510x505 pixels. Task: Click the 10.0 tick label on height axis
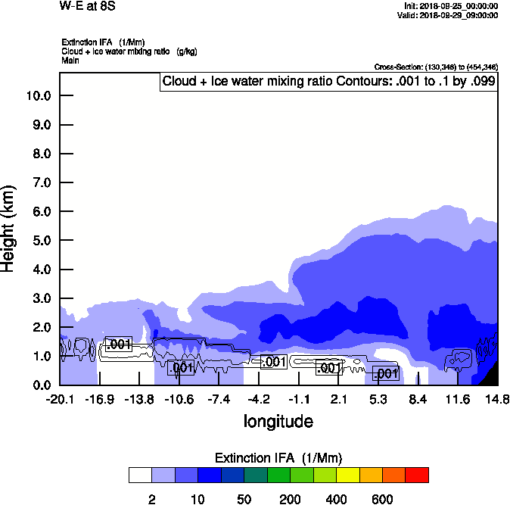point(38,96)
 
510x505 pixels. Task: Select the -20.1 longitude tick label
point(60,399)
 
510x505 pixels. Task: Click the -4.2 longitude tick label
point(259,399)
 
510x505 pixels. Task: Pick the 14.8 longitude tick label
point(496,399)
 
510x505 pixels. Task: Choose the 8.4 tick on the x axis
point(418,399)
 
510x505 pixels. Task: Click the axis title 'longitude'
point(278,421)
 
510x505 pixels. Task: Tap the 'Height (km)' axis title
point(10,229)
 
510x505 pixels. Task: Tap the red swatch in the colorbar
point(417,475)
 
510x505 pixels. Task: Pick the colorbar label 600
point(382,499)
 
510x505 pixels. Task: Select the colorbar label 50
point(244,499)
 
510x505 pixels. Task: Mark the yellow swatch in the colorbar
point(347,475)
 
